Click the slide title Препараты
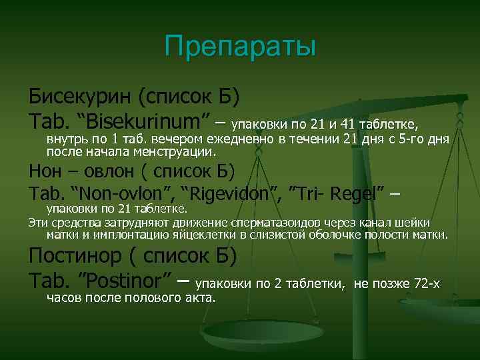[240, 47]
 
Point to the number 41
[347, 124]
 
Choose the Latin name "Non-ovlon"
[125, 194]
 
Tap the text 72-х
[427, 284]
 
